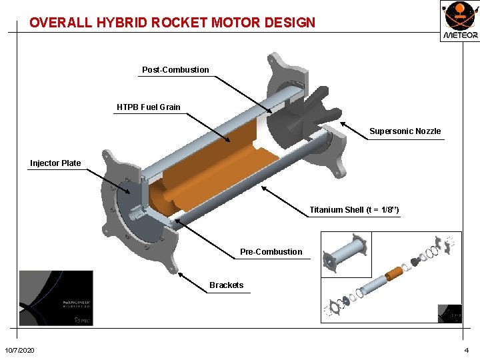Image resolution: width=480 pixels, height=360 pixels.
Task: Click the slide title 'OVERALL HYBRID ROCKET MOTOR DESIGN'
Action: [172, 22]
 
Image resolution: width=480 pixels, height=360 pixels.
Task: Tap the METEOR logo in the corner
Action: [459, 21]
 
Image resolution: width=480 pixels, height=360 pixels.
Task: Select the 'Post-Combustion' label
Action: [175, 70]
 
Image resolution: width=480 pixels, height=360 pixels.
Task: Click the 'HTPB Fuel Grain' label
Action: [148, 107]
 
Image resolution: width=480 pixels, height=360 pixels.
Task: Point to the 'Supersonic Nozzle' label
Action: [405, 131]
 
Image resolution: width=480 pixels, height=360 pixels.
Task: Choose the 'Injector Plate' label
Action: [55, 163]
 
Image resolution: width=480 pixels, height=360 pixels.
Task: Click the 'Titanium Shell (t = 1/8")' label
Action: [354, 211]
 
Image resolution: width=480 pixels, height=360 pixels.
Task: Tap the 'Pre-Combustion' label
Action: [271, 252]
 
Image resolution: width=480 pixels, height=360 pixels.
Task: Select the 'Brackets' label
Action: [226, 285]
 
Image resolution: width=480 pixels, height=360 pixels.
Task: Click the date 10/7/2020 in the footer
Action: [20, 351]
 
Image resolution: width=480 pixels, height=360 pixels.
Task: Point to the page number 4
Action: [467, 351]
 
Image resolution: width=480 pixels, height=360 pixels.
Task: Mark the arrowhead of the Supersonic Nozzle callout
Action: [342, 123]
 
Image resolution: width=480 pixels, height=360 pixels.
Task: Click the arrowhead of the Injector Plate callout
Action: [129, 193]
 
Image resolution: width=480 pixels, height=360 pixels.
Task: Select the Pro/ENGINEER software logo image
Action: [56, 298]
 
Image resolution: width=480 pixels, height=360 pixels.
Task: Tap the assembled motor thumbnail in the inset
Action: [345, 253]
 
